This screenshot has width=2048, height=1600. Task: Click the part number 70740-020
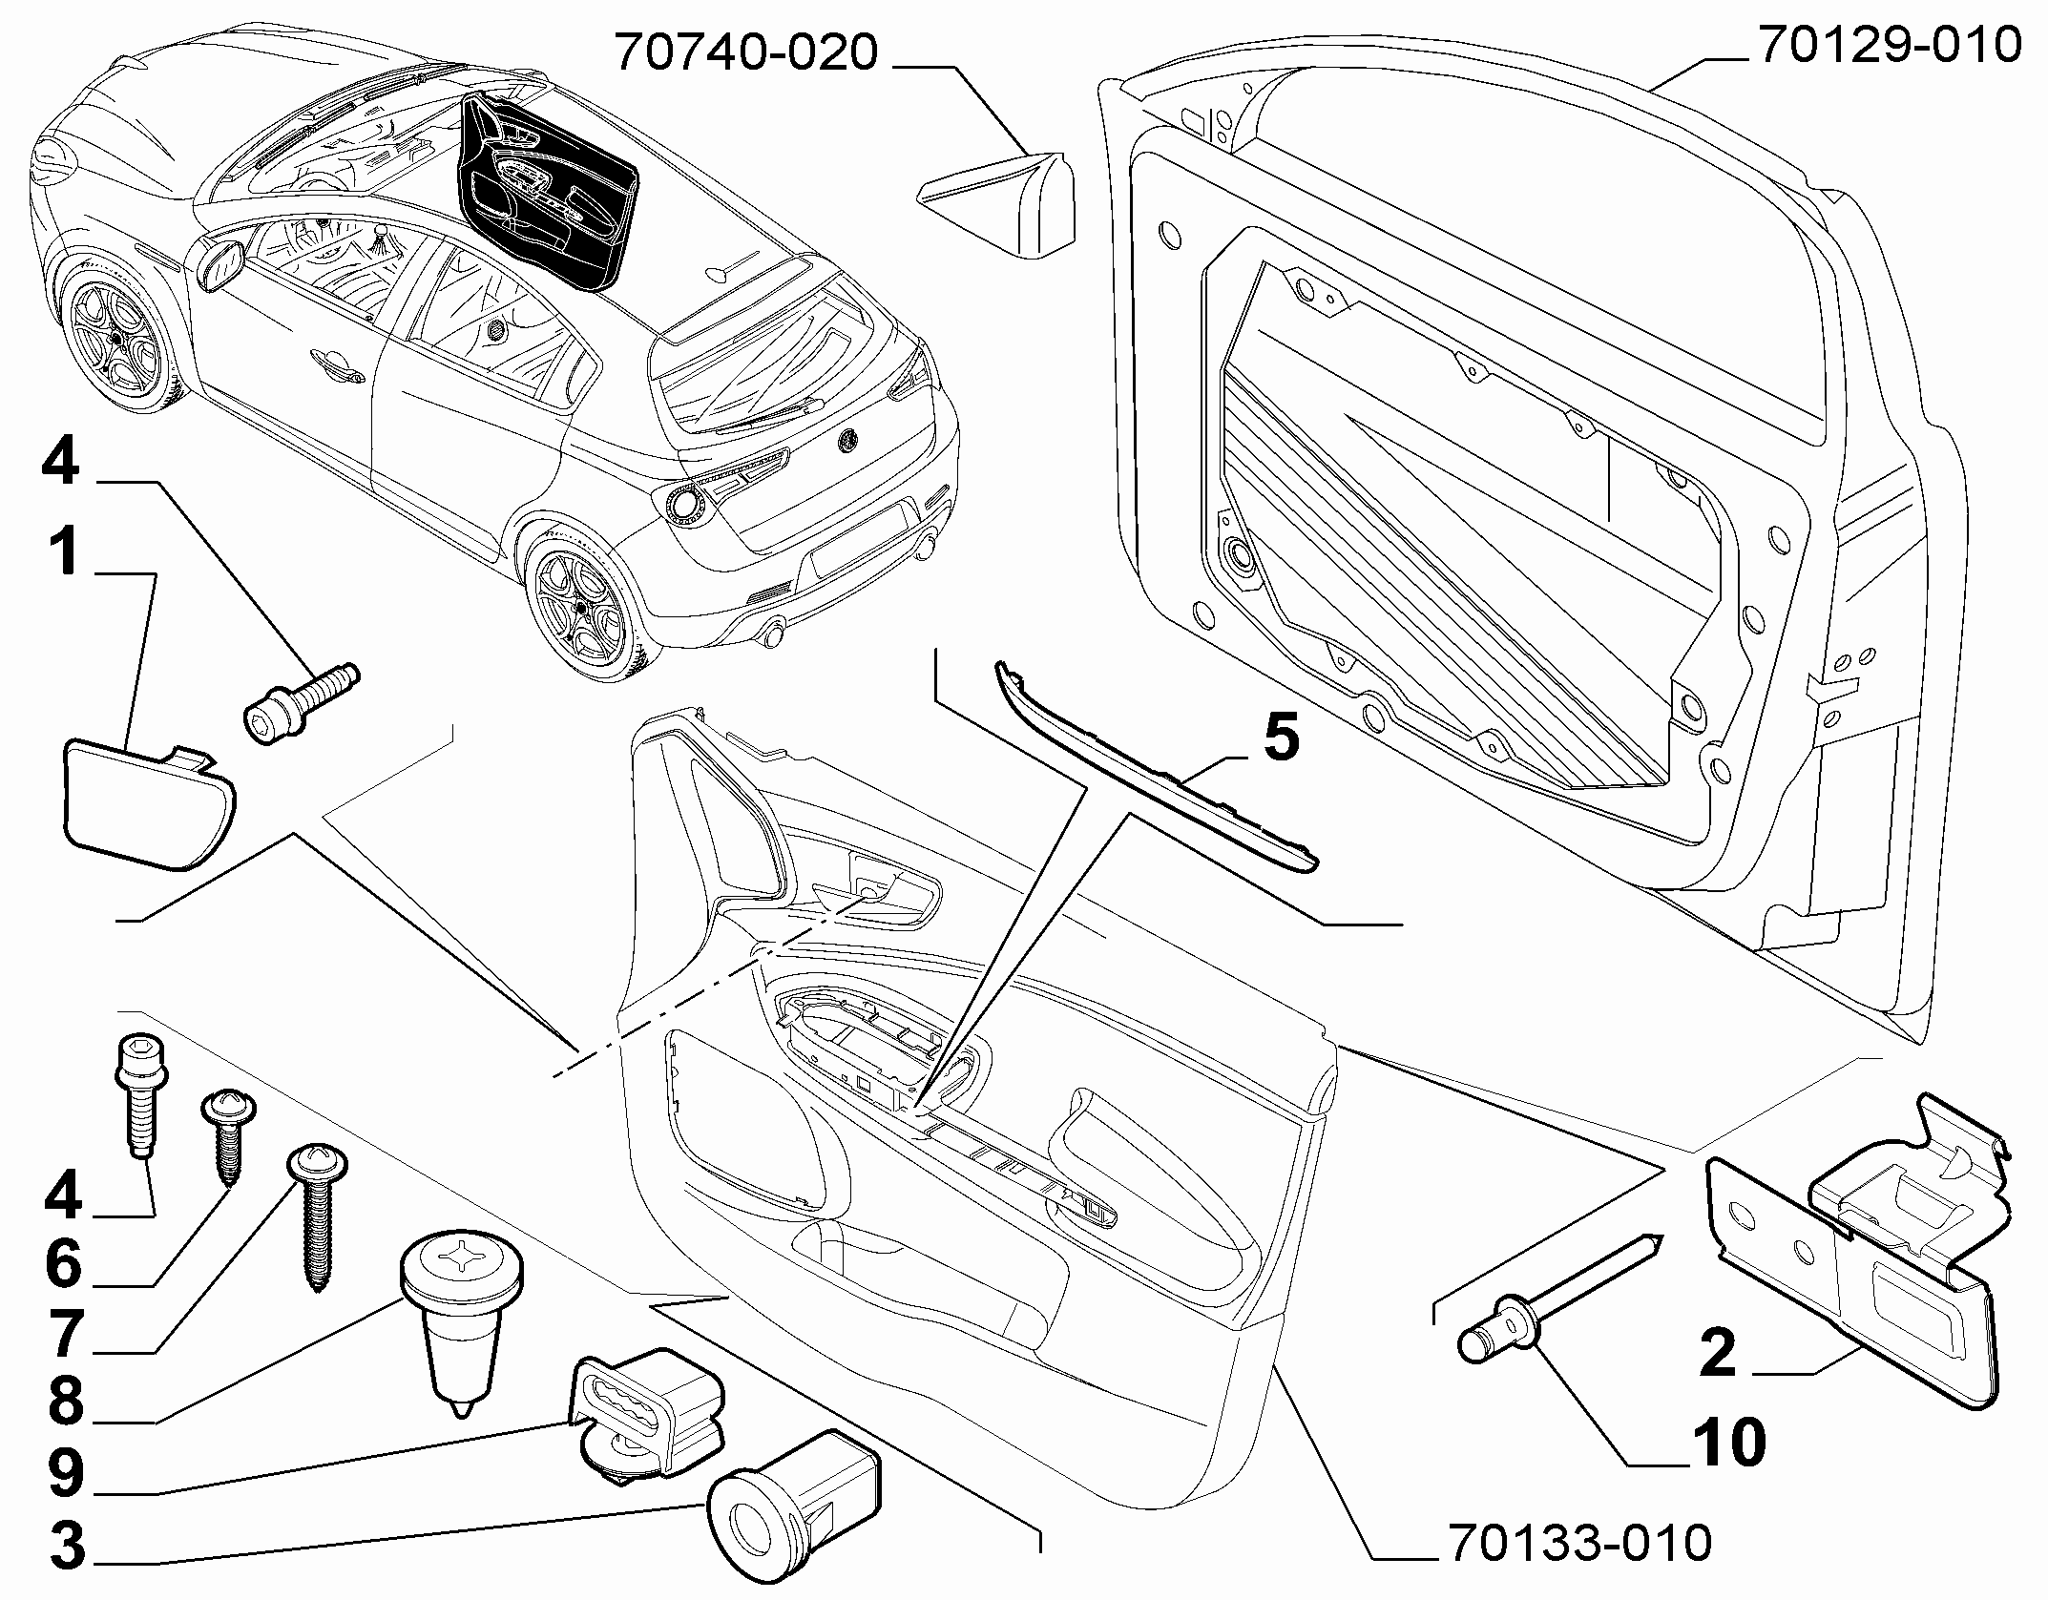(x=746, y=53)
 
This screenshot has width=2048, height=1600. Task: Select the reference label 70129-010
(x=1889, y=45)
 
